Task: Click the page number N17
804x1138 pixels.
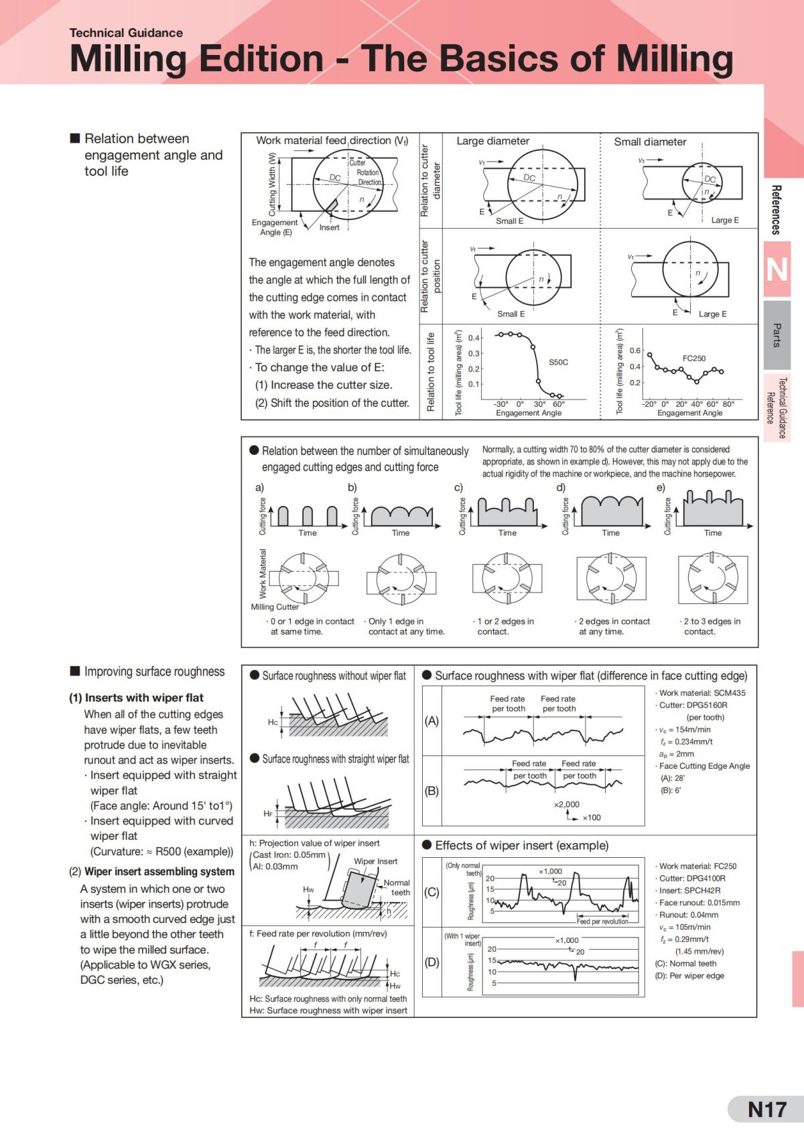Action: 766,1110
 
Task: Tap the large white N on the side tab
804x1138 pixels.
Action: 777,269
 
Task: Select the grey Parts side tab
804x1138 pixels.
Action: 777,335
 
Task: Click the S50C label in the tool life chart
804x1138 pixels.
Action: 558,362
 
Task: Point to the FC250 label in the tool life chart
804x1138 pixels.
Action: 693,359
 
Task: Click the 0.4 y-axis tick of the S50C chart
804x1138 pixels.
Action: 474,337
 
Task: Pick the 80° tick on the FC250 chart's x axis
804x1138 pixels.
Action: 728,404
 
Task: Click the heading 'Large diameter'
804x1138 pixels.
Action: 492,141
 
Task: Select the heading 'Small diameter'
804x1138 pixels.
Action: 650,142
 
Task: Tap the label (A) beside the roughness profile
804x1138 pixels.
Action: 431,721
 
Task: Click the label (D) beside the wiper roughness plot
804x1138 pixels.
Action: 431,962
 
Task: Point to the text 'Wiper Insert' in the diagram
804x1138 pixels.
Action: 375,861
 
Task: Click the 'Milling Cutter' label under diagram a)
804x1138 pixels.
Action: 275,607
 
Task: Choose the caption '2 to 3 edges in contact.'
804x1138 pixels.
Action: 712,626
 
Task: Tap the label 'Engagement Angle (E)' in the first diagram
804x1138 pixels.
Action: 275,227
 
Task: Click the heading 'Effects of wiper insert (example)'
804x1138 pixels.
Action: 521,846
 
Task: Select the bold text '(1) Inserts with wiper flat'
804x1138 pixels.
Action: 136,698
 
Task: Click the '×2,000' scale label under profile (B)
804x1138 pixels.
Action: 566,804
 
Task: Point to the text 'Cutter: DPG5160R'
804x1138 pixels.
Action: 693,705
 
